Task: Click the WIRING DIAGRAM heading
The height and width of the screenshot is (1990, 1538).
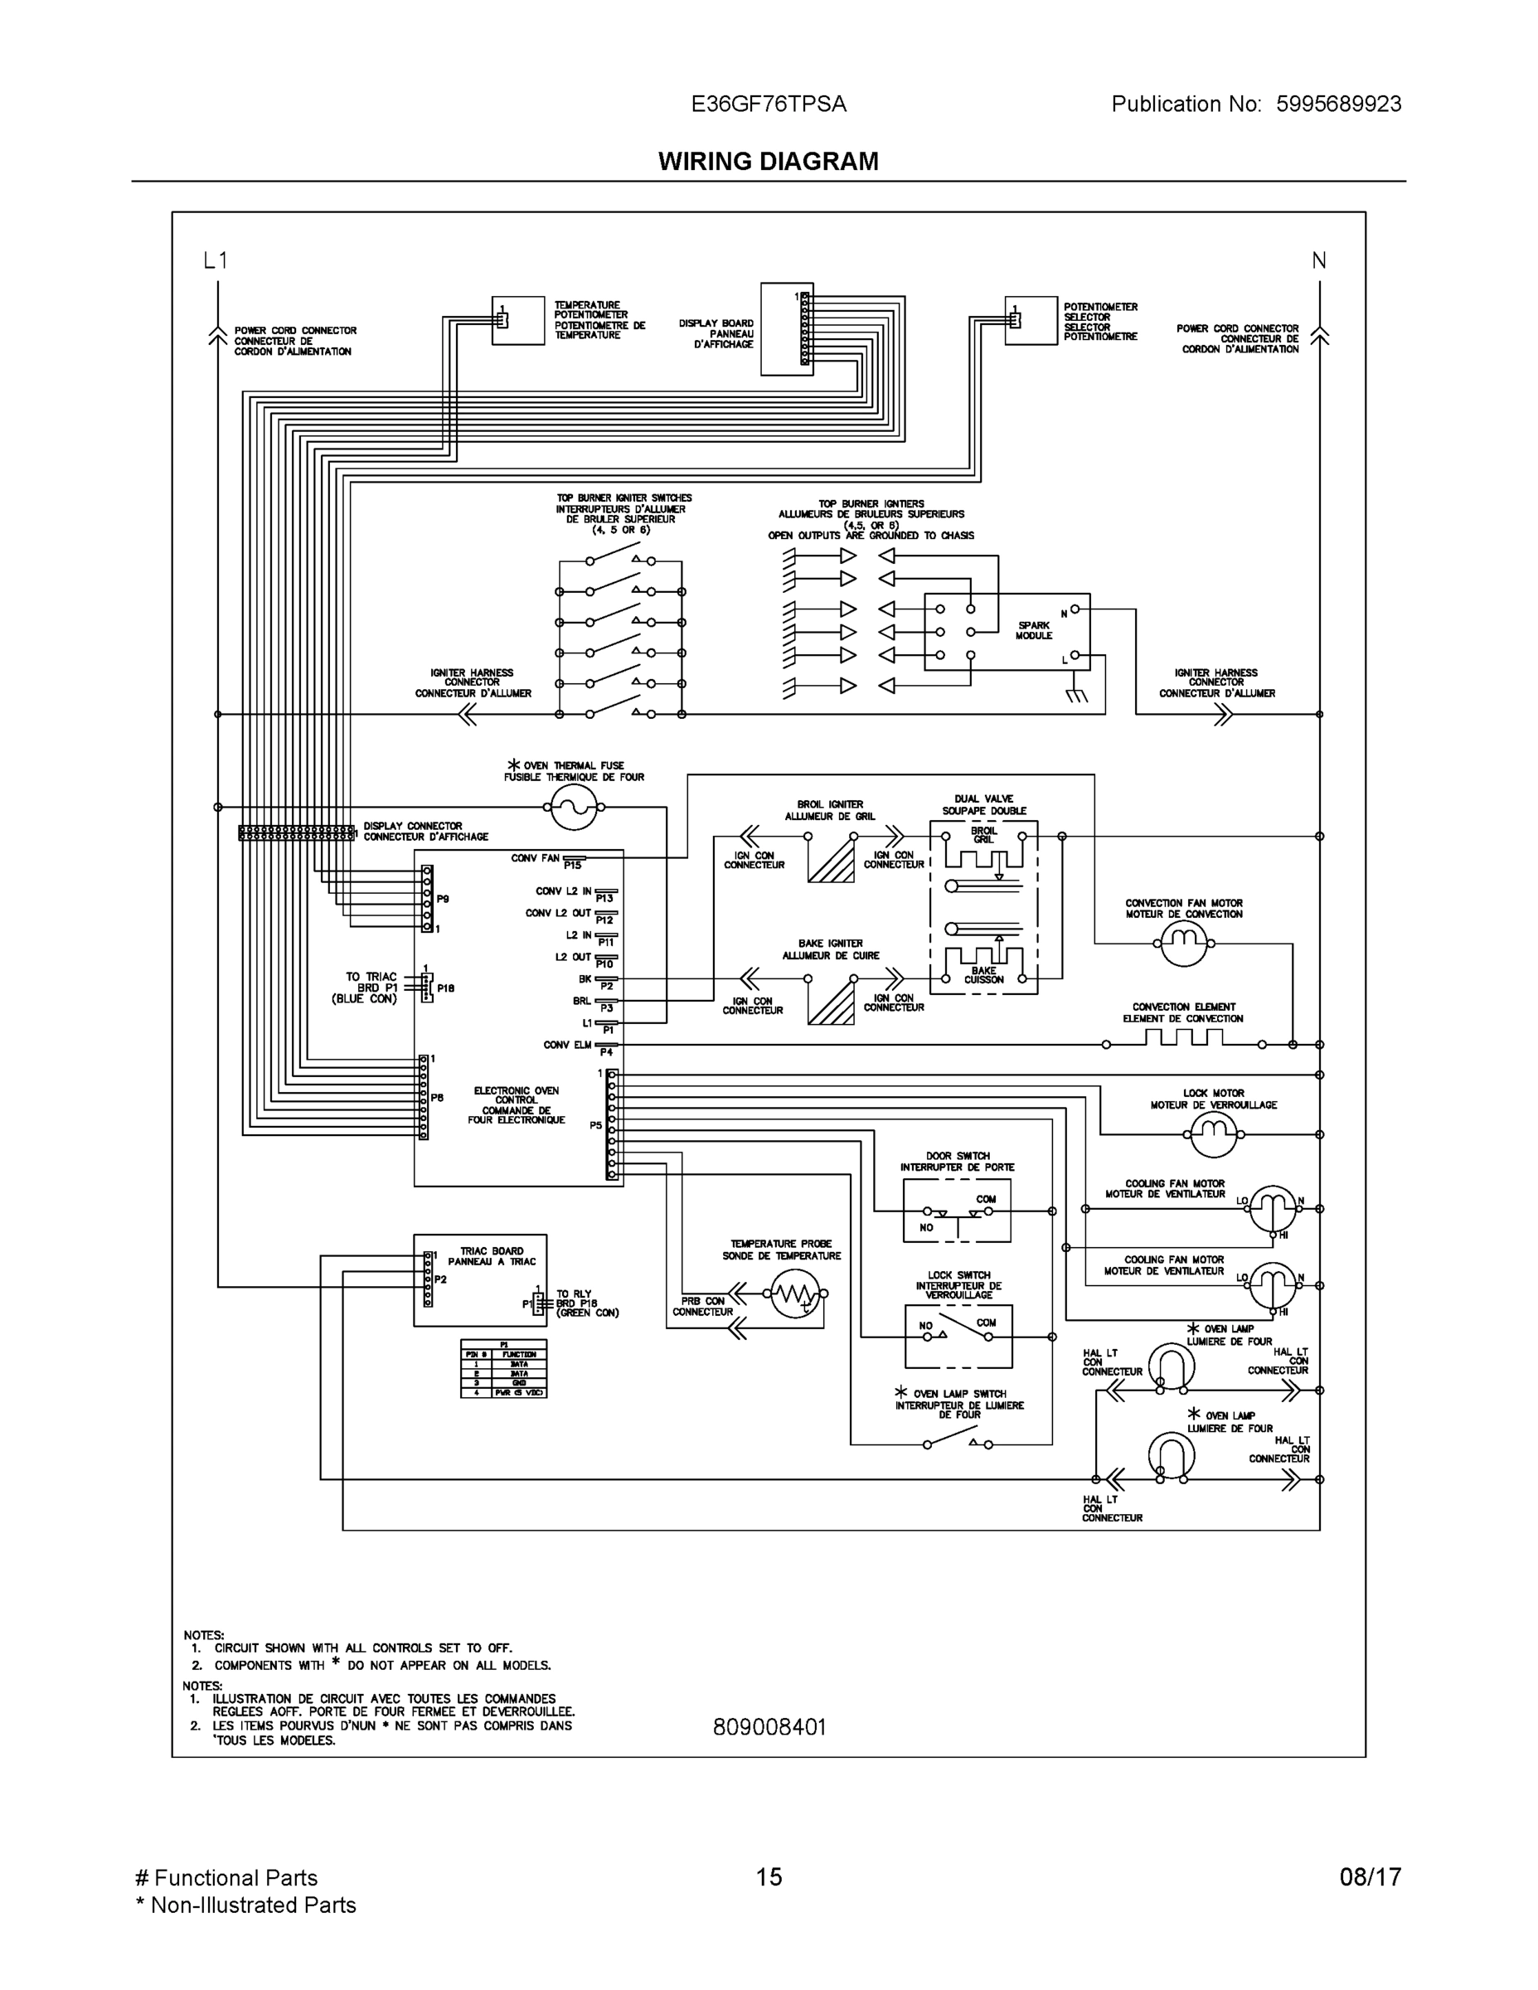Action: (768, 162)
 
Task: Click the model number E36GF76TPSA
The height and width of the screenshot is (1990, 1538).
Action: (768, 104)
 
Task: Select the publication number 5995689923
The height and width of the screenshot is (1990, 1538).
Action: (1337, 104)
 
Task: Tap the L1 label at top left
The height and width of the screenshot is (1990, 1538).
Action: (215, 260)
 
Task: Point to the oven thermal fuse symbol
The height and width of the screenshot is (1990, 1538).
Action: (574, 808)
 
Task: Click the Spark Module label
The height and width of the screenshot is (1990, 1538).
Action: (1033, 630)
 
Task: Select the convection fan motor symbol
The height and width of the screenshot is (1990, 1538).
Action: (1182, 944)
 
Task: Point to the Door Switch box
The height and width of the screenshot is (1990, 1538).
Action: (957, 1211)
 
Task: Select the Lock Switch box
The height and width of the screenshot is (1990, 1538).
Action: (958, 1336)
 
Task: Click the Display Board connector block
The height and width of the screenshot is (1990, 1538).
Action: (787, 324)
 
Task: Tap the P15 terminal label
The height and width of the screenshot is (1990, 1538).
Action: (572, 866)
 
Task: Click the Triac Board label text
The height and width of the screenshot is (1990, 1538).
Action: (492, 1256)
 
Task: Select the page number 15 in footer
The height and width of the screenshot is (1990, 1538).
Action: (768, 1877)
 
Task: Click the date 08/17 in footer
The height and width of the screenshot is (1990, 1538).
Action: (1370, 1877)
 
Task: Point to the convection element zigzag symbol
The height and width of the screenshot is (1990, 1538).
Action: (1182, 1039)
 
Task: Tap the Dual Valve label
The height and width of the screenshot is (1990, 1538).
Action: (983, 804)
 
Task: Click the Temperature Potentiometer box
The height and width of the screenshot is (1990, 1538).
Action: (517, 321)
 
